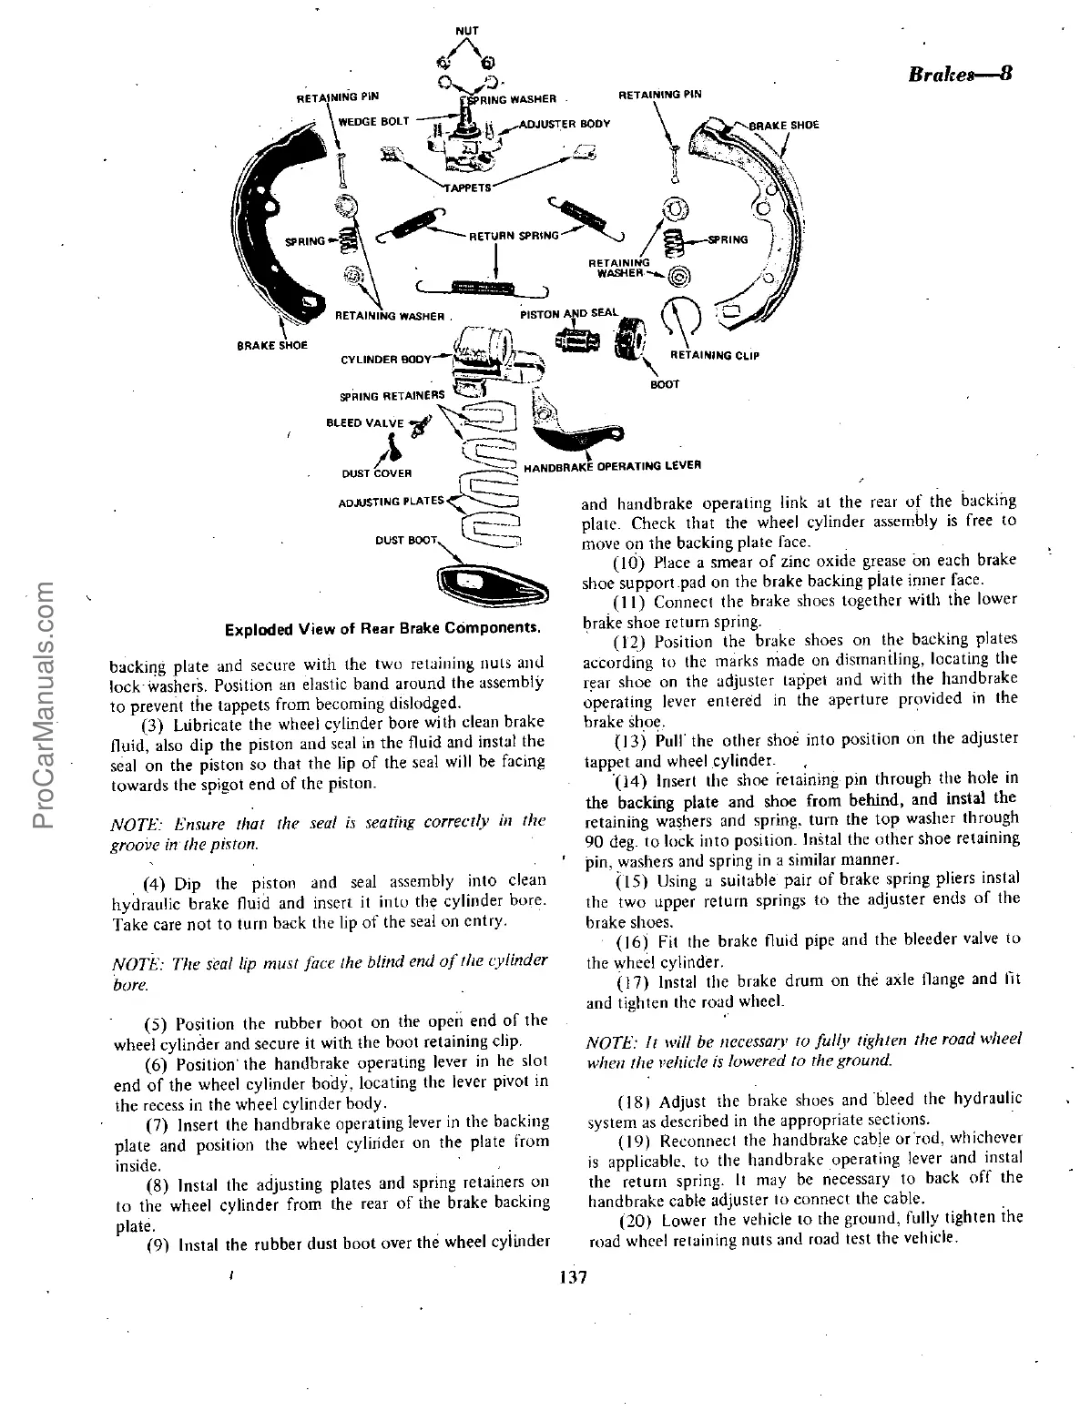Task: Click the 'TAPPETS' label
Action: click(468, 188)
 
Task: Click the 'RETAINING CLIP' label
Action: click(714, 355)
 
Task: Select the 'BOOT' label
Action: click(665, 384)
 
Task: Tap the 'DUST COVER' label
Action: click(377, 473)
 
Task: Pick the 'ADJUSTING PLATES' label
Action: click(390, 501)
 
